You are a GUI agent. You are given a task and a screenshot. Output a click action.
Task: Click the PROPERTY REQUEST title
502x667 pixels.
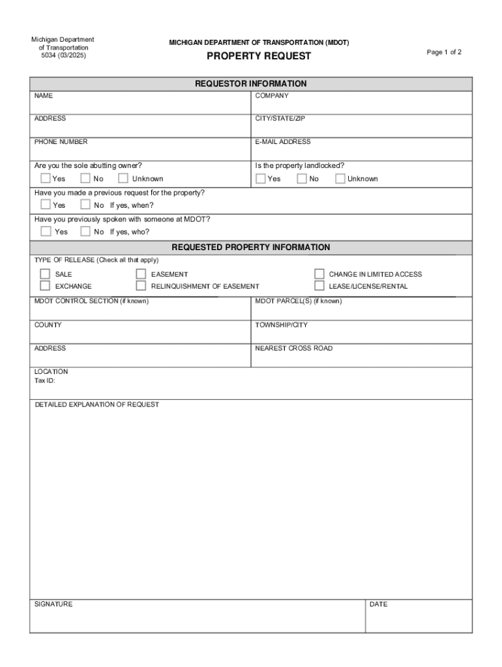259,56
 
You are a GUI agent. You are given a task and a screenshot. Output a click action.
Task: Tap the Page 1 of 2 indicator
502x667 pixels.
444,52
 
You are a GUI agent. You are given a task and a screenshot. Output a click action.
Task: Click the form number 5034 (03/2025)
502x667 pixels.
63,56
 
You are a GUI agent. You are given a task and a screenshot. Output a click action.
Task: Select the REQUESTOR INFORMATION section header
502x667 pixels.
251,84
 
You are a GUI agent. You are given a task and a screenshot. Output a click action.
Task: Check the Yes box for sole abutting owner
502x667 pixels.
46,178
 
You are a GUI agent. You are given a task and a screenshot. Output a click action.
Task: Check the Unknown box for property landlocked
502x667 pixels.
340,178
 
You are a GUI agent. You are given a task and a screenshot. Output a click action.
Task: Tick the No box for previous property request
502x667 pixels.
85,205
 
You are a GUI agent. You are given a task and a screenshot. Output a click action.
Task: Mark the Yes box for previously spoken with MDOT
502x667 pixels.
46,231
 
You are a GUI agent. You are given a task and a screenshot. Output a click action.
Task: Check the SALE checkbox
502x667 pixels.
45,274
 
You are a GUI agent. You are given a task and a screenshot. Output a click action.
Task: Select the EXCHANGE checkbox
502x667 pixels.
45,286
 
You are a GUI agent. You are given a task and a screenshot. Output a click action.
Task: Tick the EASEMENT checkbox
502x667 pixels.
141,274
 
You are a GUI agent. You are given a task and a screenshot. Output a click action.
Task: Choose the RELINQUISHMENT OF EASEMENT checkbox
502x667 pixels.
141,286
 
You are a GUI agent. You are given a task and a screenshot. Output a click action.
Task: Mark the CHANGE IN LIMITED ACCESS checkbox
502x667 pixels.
319,274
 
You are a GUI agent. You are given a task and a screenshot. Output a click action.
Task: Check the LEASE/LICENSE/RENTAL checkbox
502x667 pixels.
319,286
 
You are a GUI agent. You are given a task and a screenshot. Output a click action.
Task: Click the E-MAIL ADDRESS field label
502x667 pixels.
283,142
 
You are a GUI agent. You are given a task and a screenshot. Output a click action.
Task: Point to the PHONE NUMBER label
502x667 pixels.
61,142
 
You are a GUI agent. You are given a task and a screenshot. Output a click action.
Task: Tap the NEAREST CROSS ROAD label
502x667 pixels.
293,348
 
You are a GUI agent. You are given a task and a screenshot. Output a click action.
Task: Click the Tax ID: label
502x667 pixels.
45,380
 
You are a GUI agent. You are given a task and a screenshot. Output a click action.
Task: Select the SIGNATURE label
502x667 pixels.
53,604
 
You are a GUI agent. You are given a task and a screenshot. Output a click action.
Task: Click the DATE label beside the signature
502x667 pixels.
378,604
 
